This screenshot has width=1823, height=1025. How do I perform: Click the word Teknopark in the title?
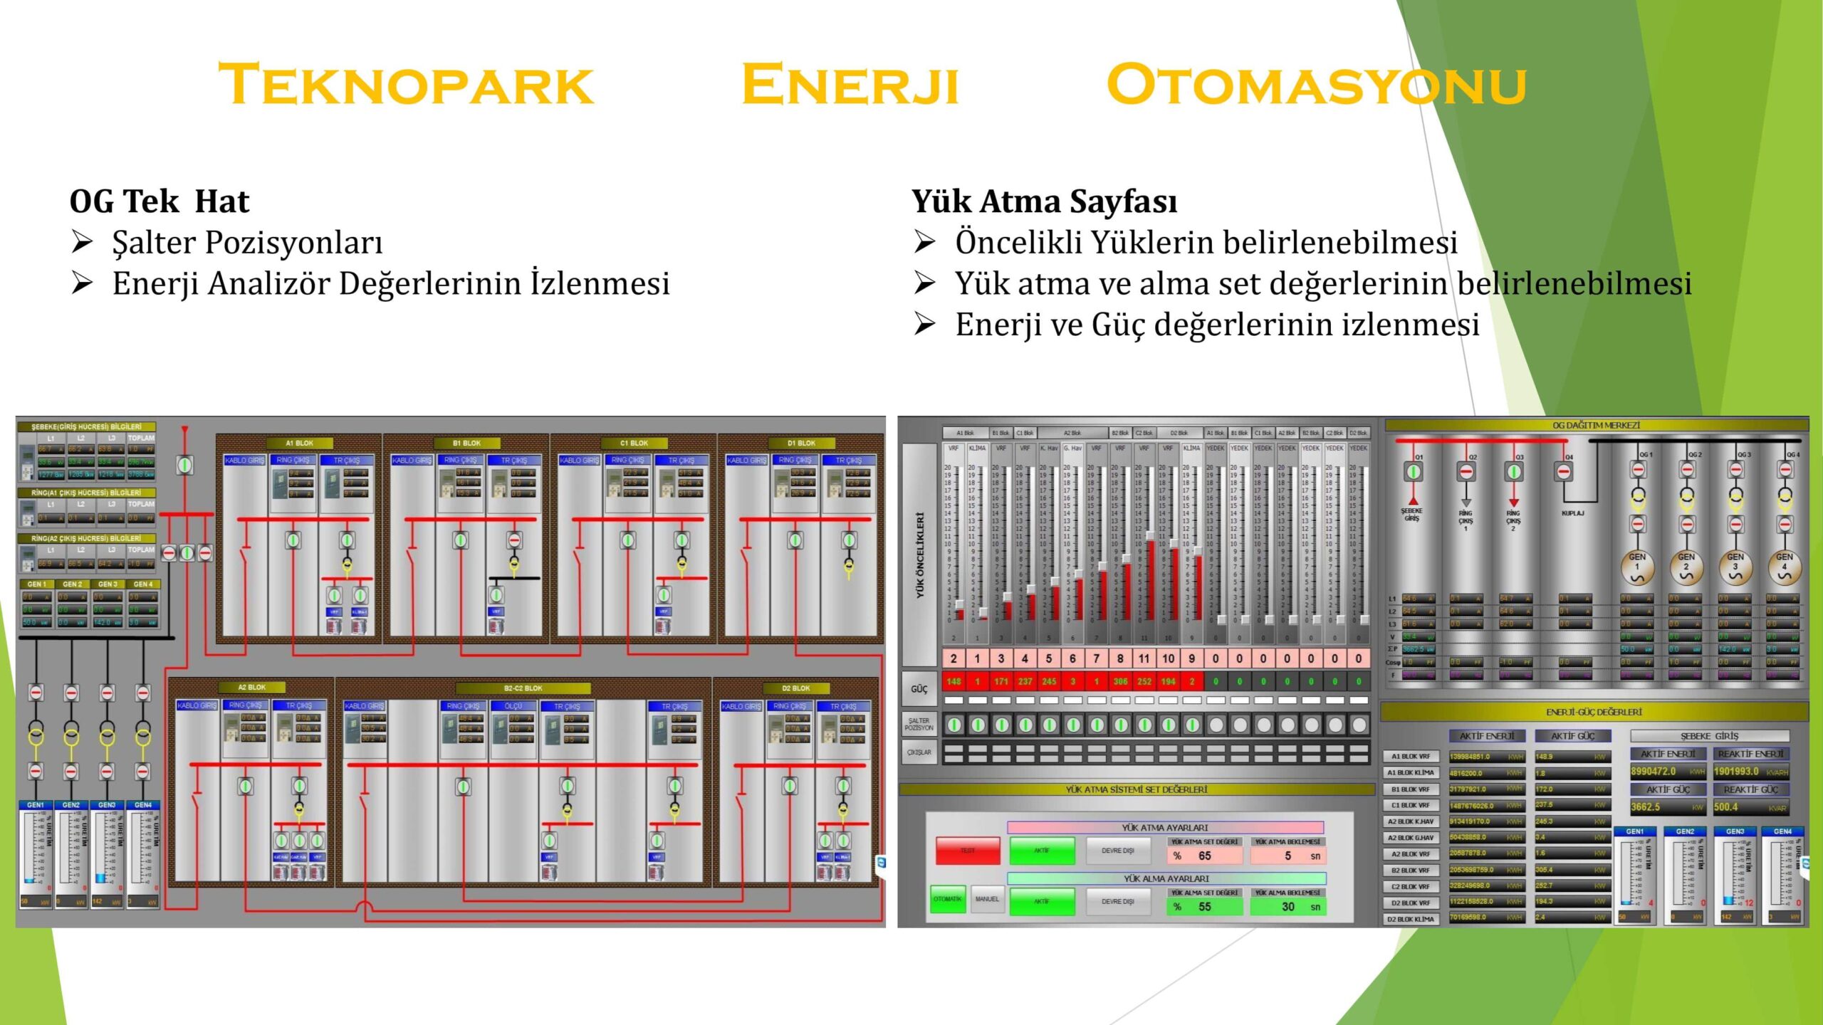point(405,85)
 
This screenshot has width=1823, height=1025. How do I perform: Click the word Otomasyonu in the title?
point(1316,85)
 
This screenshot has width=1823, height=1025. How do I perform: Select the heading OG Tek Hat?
point(160,201)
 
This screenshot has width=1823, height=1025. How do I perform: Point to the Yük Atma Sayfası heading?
point(1044,201)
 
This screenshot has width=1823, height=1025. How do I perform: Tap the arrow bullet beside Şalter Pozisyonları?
point(82,243)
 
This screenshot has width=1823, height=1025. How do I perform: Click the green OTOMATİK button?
point(947,899)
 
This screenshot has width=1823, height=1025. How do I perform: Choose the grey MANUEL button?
point(987,899)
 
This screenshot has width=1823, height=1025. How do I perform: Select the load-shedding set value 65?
point(1204,856)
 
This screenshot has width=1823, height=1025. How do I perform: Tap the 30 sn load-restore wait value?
point(1288,907)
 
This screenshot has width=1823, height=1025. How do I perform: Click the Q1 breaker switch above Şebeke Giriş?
point(1413,471)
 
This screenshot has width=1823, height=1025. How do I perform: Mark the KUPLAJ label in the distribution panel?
point(1572,513)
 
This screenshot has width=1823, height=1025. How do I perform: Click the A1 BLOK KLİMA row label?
point(1411,773)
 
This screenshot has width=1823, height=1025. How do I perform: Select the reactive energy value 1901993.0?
point(1737,772)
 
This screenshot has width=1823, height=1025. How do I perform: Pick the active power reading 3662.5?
point(1646,807)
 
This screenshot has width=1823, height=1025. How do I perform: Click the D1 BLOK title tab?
point(801,443)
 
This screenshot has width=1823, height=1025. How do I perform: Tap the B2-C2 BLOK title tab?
point(523,688)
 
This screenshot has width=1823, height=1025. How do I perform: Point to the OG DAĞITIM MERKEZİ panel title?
point(1596,425)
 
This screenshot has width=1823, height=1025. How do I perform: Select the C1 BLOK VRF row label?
point(1411,805)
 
